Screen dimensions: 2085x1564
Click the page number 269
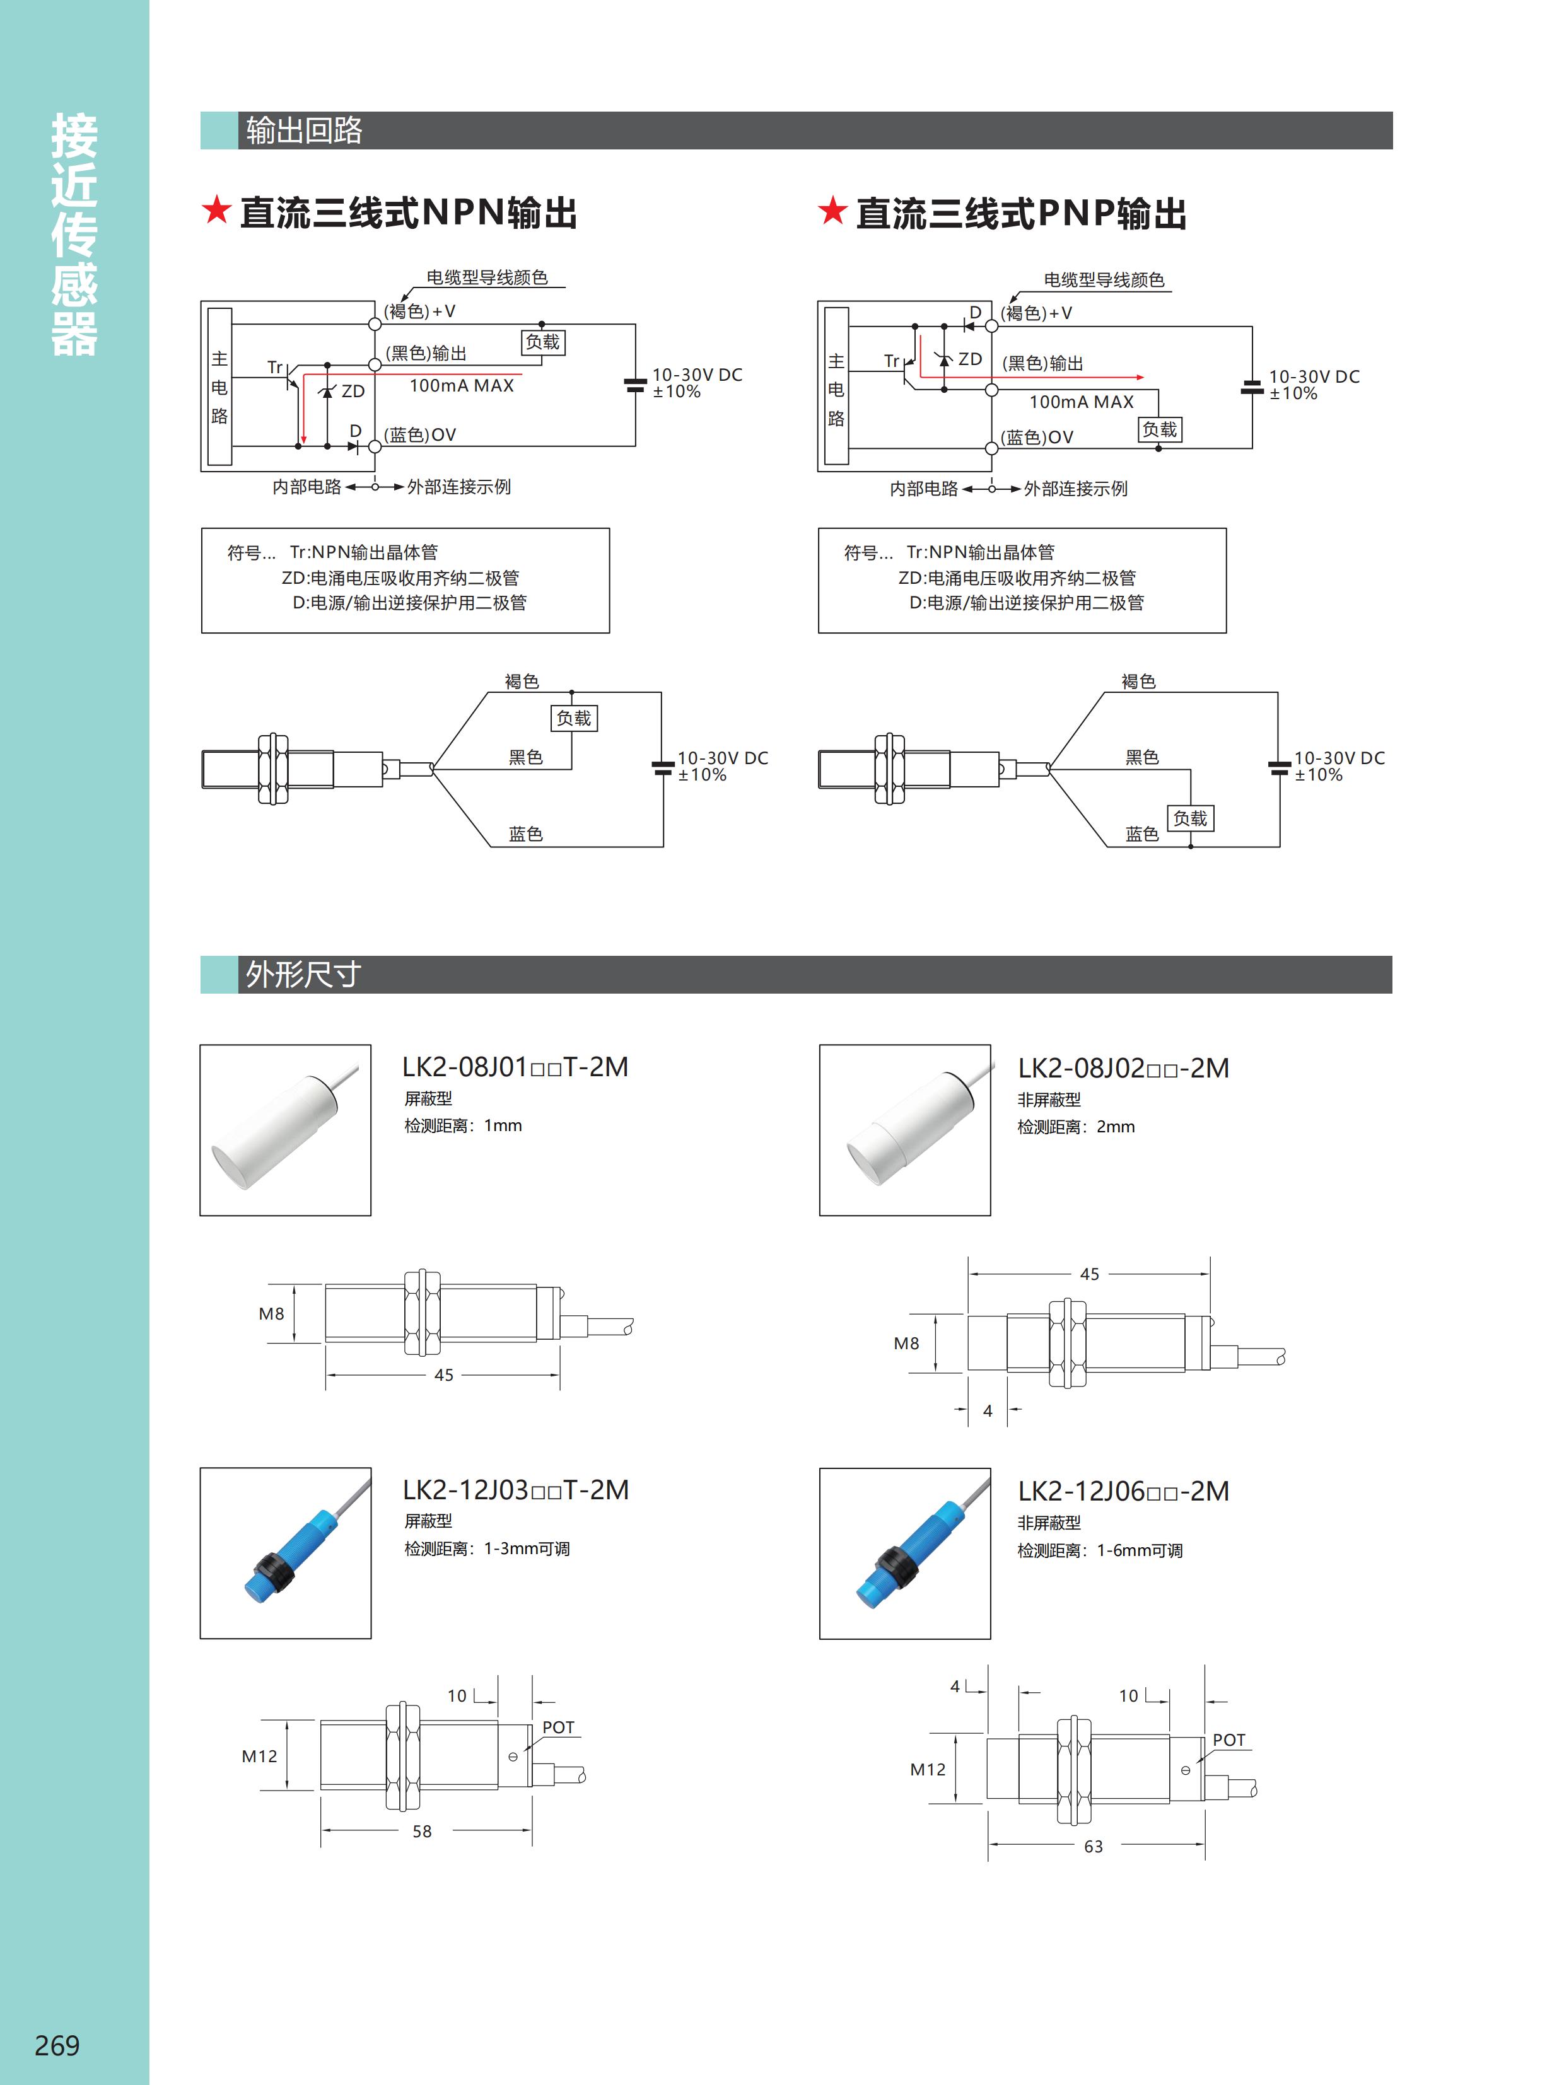[57, 2045]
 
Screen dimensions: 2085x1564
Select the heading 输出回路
[303, 130]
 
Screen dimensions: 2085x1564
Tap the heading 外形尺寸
[303, 973]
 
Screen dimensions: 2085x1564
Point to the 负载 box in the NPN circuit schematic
[542, 342]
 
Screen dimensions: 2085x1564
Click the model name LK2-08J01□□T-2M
[515, 1067]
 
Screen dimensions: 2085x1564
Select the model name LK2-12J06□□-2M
[1123, 1491]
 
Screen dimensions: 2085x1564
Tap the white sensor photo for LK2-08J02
[904, 1129]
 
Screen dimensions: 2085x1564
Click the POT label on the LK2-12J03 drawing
[558, 1728]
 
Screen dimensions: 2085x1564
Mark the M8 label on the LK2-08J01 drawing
[272, 1314]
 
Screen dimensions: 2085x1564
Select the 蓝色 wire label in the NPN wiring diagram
[525, 834]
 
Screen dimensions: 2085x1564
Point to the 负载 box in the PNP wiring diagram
[1190, 818]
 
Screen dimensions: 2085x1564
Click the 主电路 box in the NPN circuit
[219, 386]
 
